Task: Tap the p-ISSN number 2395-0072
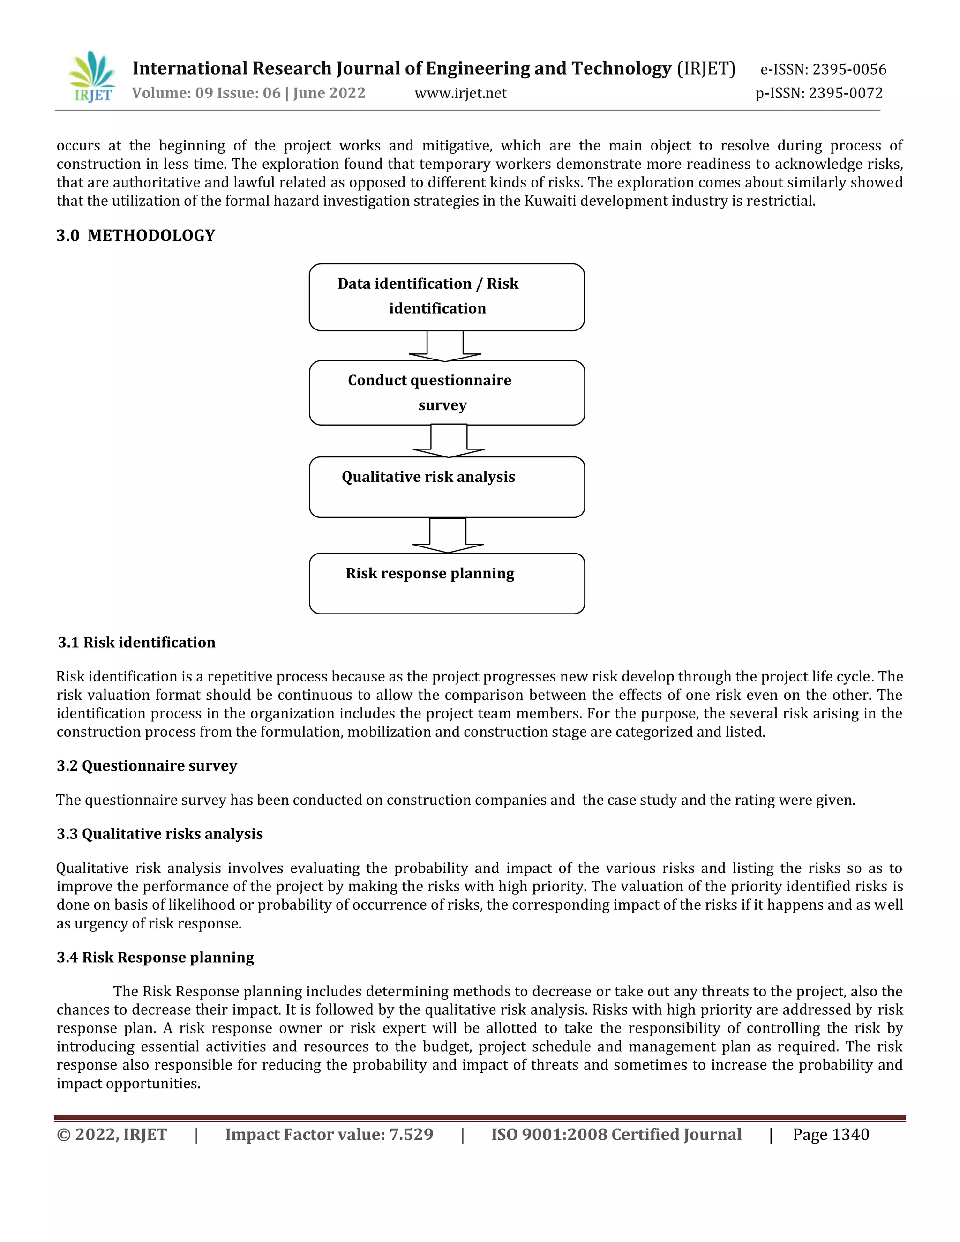click(846, 93)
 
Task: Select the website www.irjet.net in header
click(460, 93)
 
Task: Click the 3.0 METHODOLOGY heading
click(135, 235)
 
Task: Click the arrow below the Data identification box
click(445, 346)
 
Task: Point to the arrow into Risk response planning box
click(448, 536)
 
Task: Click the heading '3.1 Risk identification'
click(136, 642)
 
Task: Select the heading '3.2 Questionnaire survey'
click(147, 765)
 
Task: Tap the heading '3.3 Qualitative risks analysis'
click(159, 834)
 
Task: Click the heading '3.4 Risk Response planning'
click(155, 957)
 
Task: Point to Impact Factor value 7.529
click(329, 1135)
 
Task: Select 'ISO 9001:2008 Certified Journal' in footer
click(616, 1135)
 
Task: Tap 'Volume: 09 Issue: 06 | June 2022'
click(248, 93)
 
